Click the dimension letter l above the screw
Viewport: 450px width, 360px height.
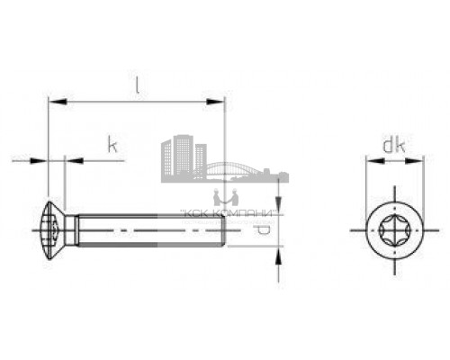tap(136, 86)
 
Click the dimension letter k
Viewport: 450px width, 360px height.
tap(112, 144)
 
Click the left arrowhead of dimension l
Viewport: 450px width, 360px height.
tap(51, 101)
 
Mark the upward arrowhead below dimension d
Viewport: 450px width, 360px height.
tap(278, 256)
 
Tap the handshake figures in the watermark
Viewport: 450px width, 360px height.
tap(224, 195)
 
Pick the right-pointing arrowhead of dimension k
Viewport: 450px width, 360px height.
tap(40, 161)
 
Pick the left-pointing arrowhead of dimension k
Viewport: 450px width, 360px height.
tap(71, 161)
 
